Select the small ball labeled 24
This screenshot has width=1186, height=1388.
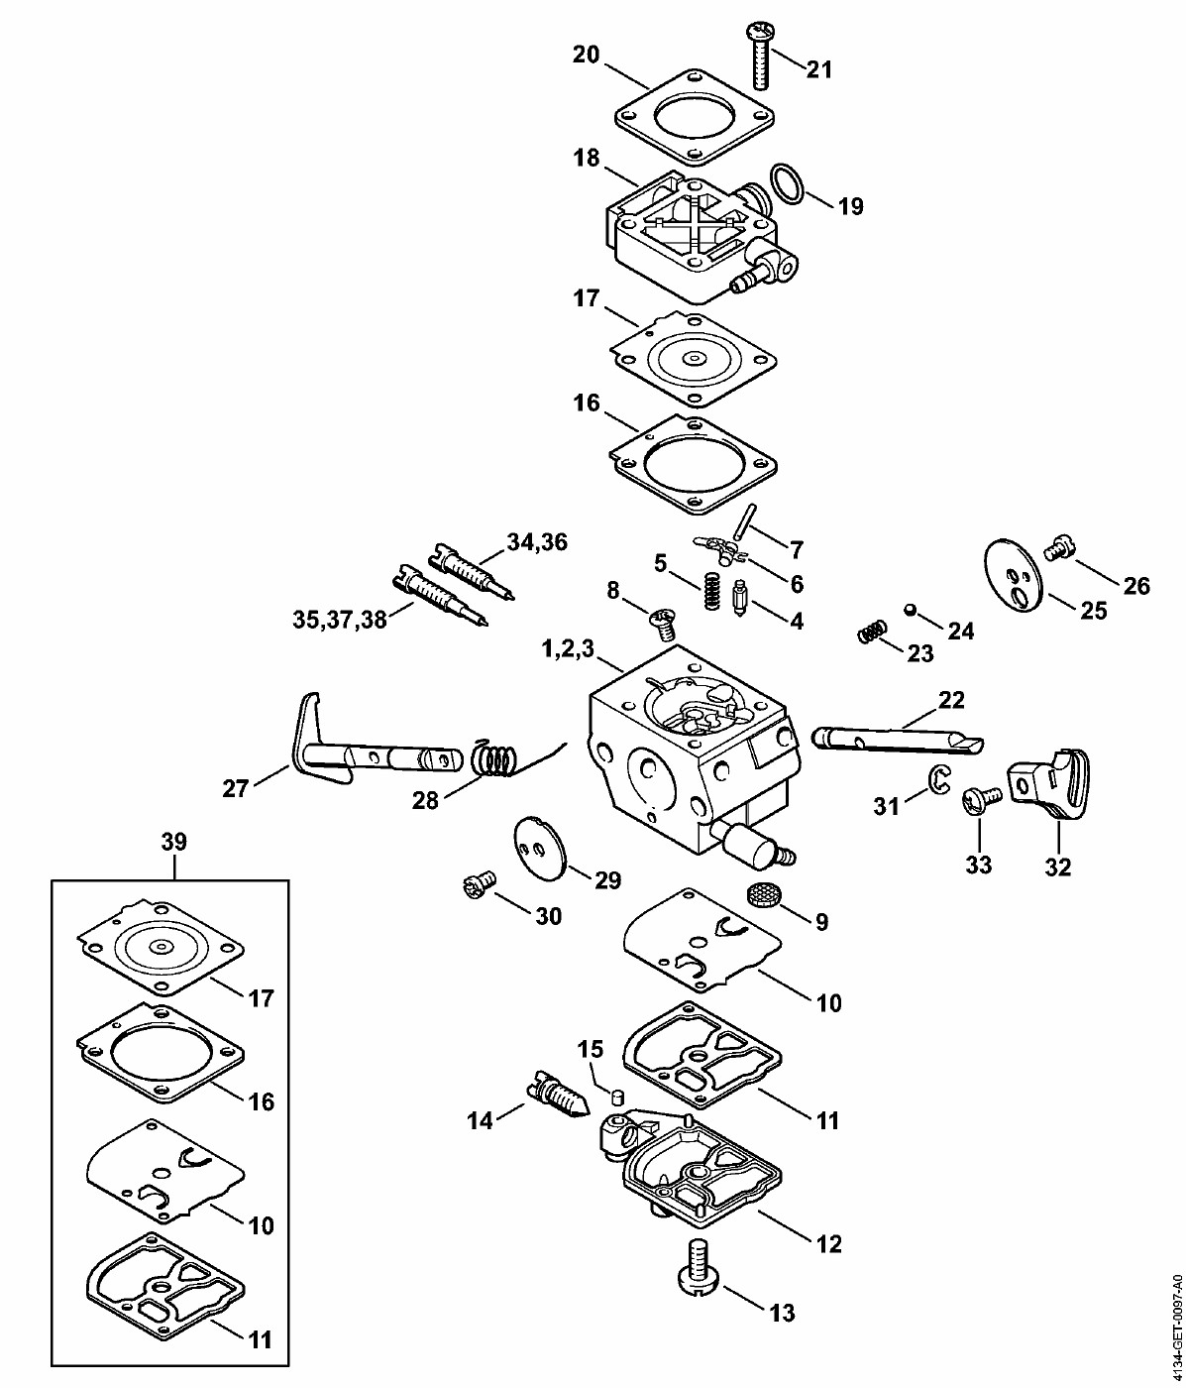point(910,609)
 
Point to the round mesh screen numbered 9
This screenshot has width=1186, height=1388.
point(761,894)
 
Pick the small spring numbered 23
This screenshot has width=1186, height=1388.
point(872,632)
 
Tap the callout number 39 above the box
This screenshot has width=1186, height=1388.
point(173,842)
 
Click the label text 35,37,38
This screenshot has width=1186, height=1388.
point(340,619)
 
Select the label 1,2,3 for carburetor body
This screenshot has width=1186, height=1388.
point(568,649)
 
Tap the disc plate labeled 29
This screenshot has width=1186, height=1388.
point(541,845)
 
